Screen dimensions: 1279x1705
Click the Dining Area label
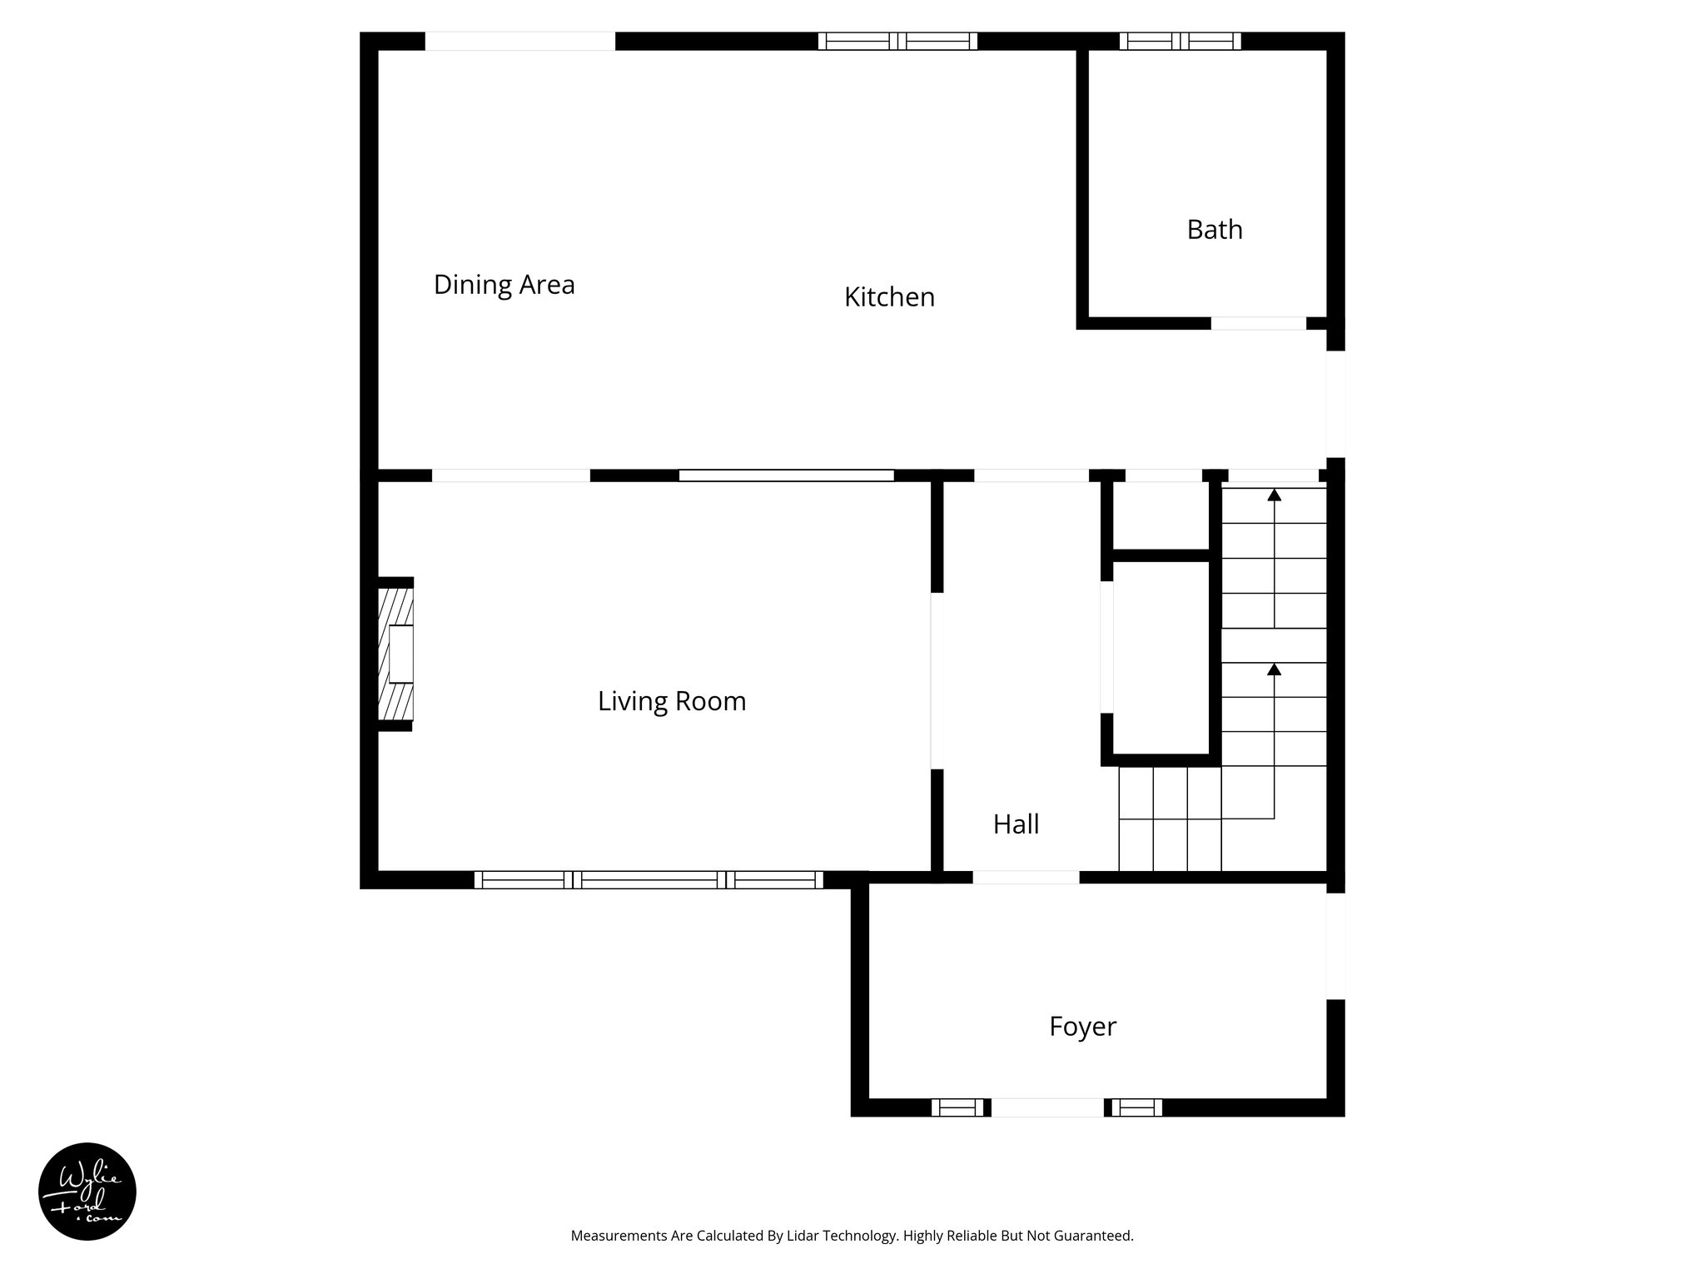tap(504, 285)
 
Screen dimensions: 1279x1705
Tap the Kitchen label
tap(889, 297)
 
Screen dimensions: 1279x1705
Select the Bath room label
tap(1214, 230)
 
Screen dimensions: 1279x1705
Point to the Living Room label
tap(671, 701)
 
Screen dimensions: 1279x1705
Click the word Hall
tap(1016, 824)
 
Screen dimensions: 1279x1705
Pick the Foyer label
tap(1081, 1027)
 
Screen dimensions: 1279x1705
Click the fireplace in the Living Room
tap(396, 654)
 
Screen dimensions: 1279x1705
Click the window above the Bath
tap(1180, 41)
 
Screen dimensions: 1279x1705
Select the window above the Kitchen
tap(897, 41)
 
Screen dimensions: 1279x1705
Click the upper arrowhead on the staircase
tap(1274, 495)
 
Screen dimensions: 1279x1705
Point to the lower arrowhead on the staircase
tap(1274, 669)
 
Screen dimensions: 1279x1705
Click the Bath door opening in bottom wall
tap(1258, 323)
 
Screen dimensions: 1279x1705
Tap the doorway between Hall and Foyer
tap(1026, 877)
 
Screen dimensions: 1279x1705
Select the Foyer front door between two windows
tap(1047, 1107)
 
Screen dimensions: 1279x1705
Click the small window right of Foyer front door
tap(1136, 1107)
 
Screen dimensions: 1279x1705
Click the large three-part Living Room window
tap(649, 879)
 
